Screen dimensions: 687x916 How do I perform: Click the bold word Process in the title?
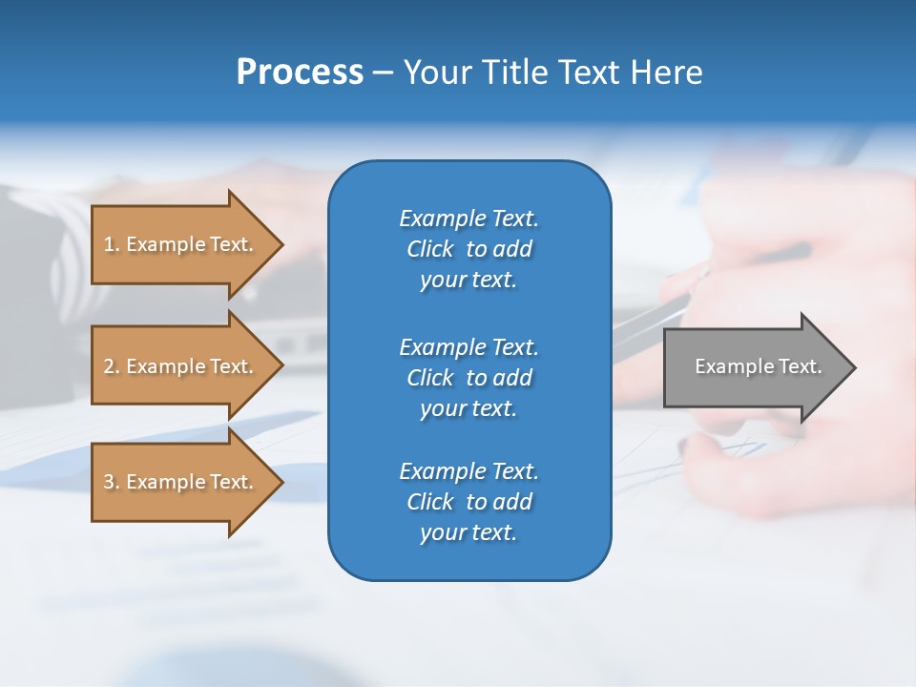click(300, 73)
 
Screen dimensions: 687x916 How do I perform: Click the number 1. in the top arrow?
click(112, 244)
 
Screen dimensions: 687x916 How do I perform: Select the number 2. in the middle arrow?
click(112, 366)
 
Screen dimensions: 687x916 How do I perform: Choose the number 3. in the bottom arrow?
click(112, 482)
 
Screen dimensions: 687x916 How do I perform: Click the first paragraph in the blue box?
click(468, 249)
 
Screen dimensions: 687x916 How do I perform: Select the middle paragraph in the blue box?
click(468, 377)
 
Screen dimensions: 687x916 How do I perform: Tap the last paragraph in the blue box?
click(468, 502)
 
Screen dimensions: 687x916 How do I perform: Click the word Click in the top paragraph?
click(430, 249)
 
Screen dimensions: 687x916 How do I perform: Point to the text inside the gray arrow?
click(758, 366)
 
